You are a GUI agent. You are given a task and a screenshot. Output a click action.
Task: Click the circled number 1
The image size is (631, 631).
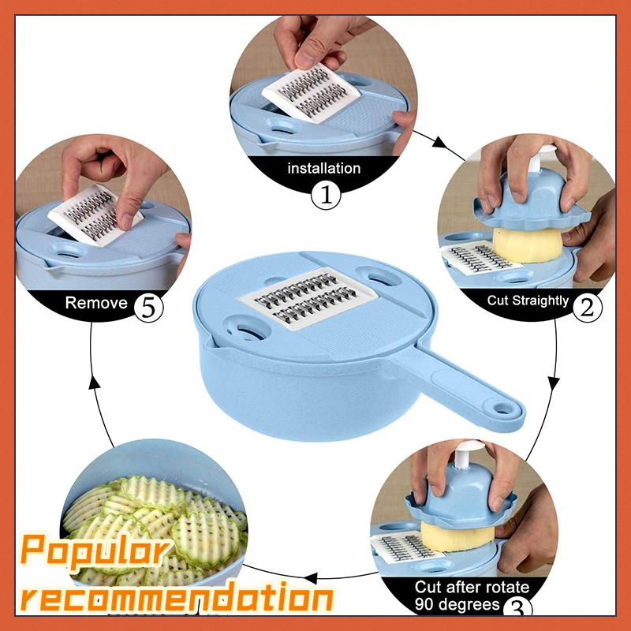(x=324, y=194)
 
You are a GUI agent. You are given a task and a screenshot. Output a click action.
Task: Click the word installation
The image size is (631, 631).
(x=323, y=168)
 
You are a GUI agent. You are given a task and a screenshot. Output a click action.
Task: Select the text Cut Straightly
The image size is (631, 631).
(x=528, y=301)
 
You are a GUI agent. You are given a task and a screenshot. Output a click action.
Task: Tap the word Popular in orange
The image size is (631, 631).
(x=95, y=550)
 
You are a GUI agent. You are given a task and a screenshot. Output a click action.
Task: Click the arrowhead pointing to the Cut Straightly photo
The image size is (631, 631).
(x=440, y=145)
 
